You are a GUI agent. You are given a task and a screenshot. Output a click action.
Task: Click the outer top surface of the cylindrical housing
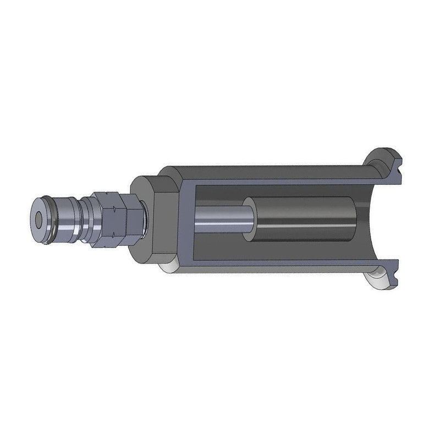pyautogui.click(x=264, y=167)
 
